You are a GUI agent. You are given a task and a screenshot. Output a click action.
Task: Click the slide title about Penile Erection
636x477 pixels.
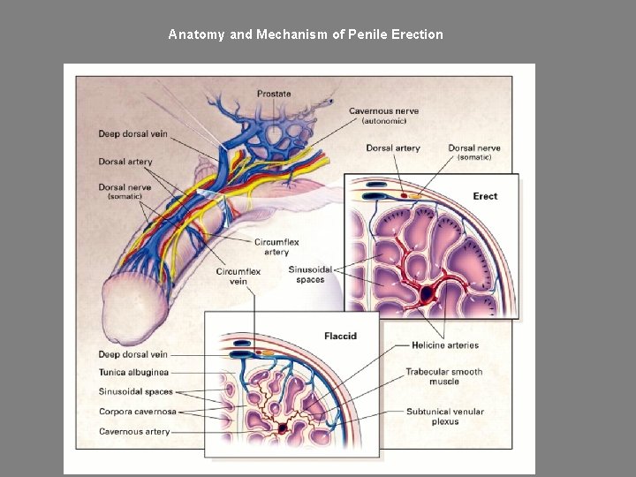pyautogui.click(x=306, y=34)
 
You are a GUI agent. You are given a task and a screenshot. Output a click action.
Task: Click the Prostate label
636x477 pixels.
pyautogui.click(x=274, y=94)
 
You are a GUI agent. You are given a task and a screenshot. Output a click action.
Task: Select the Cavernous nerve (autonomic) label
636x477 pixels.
pyautogui.click(x=383, y=116)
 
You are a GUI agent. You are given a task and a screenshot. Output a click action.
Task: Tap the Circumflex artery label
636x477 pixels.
pyautogui.click(x=276, y=246)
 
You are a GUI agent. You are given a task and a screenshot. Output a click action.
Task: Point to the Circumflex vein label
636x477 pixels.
pyautogui.click(x=238, y=276)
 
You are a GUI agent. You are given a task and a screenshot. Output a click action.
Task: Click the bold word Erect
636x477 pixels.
pyautogui.click(x=485, y=196)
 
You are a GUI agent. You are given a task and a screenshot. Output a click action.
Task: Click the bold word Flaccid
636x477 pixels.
pyautogui.click(x=340, y=336)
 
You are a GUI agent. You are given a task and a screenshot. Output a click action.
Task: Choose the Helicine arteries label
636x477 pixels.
pyautogui.click(x=445, y=345)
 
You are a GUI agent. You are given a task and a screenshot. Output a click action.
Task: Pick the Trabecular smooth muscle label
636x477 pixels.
pyautogui.click(x=444, y=377)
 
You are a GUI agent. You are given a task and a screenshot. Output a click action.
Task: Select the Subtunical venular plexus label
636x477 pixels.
pyautogui.click(x=444, y=416)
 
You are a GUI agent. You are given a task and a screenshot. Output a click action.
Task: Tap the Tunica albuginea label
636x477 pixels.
pyautogui.click(x=133, y=373)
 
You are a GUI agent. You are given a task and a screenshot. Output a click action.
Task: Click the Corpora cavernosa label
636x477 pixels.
pyautogui.click(x=137, y=412)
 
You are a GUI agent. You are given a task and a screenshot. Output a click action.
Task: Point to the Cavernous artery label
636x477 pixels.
pyautogui.click(x=134, y=432)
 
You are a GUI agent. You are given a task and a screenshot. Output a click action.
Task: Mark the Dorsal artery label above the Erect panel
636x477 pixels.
pyautogui.click(x=393, y=148)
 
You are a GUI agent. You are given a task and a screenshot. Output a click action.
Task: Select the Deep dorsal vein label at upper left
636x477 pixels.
pyautogui.click(x=132, y=134)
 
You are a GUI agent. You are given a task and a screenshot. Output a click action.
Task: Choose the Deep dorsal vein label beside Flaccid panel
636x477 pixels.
pyautogui.click(x=133, y=354)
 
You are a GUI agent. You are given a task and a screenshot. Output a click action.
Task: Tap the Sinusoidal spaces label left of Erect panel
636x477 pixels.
pyautogui.click(x=310, y=275)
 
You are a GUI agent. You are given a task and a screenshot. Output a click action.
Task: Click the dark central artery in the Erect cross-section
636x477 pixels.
pyautogui.click(x=428, y=292)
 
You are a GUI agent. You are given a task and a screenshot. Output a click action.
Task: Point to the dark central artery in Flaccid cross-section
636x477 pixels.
pyautogui.click(x=283, y=428)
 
